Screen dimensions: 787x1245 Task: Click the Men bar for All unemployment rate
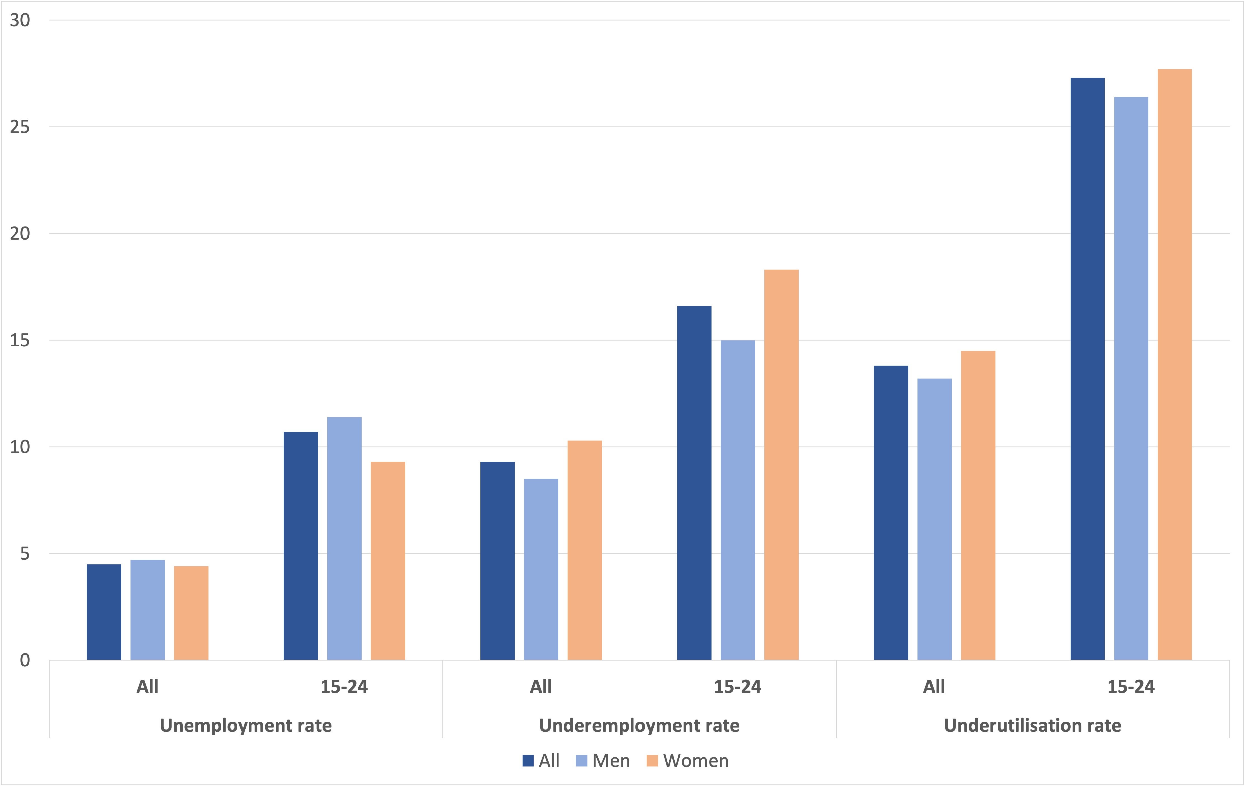147,610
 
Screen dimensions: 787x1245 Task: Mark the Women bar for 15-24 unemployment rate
388,561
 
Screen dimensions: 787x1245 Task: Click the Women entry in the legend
688,761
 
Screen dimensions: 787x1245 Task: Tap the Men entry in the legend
603,761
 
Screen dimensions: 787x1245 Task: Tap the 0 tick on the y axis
24,660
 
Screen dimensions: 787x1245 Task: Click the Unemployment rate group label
246,726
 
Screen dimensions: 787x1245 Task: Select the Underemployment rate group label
639,726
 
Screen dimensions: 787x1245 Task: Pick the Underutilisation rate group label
1033,726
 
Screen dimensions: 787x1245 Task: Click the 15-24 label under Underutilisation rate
1131,687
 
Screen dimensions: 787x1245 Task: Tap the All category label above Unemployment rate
147,687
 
